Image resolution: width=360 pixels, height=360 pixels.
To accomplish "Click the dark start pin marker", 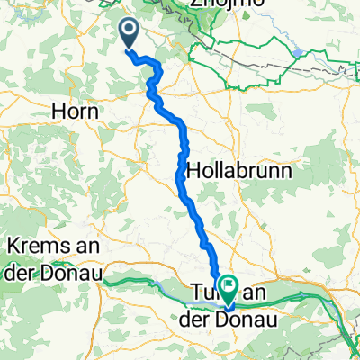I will pyautogui.click(x=130, y=35).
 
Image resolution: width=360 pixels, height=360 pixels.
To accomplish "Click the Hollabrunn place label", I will pyautogui.click(x=230, y=169).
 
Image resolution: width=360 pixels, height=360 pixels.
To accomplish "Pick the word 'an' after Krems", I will pyautogui.click(x=78, y=246).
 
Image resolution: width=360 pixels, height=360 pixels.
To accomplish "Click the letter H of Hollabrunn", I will pyautogui.click(x=193, y=169).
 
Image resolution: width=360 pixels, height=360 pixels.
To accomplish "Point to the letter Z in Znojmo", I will pyautogui.click(x=193, y=4).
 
